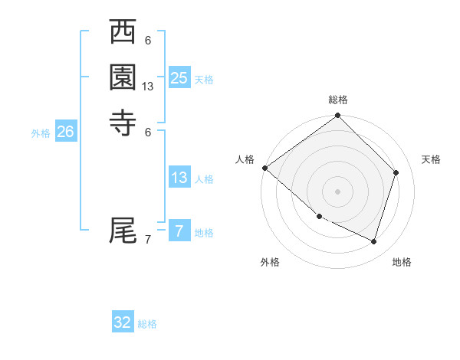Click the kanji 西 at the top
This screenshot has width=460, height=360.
[123, 33]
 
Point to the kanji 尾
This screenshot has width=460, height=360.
[123, 229]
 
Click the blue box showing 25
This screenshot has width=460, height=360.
[179, 78]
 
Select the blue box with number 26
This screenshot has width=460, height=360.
[65, 132]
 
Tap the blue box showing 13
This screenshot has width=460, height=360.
[179, 178]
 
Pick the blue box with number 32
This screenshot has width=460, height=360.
[123, 322]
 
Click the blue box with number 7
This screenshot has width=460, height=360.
[179, 231]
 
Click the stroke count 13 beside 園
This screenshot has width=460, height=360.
[148, 87]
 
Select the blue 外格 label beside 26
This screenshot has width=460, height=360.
[41, 133]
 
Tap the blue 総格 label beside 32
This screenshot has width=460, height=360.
[147, 324]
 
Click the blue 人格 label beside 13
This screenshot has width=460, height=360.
[204, 179]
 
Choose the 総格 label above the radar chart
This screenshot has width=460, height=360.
[337, 100]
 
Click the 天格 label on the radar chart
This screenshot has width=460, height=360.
[431, 159]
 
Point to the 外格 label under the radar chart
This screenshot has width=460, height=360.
[270, 262]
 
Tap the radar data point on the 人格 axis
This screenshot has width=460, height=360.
[264, 168]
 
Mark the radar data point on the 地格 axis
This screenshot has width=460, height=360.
[373, 241]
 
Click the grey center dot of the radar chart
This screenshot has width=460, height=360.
[337, 191]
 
